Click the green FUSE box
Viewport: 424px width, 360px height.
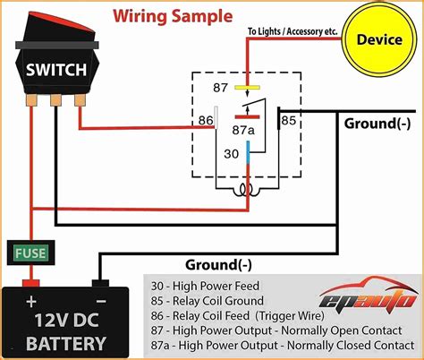tap(30, 253)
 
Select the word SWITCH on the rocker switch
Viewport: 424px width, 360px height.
tap(56, 69)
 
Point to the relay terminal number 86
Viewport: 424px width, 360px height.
tap(205, 120)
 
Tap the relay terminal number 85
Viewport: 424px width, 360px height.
tap(288, 118)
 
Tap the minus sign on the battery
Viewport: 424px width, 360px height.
tap(101, 302)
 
